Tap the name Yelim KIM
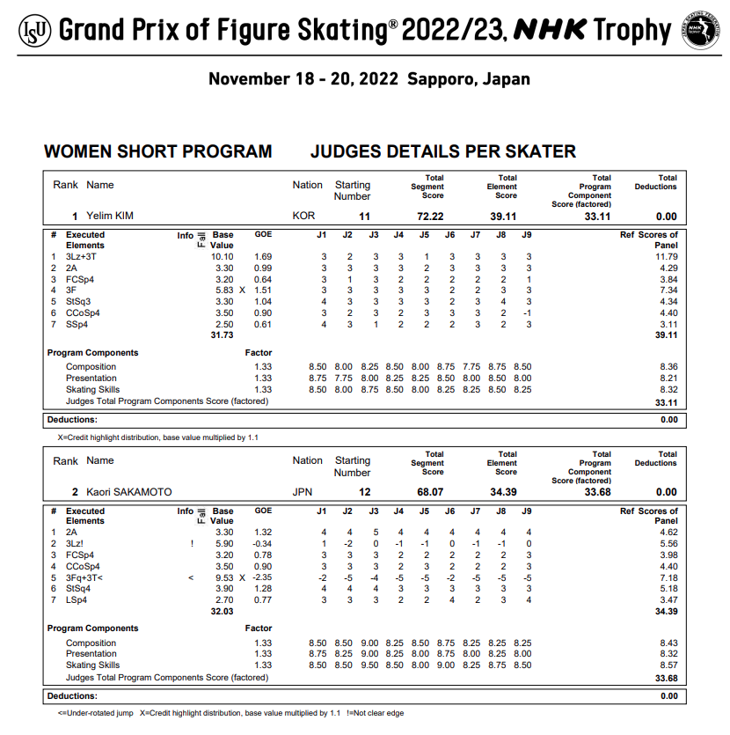[x=109, y=217]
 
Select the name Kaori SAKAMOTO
[x=128, y=492]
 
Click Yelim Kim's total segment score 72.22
[x=430, y=217]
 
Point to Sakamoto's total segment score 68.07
[x=430, y=492]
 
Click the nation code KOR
[x=303, y=217]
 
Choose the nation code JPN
[x=303, y=492]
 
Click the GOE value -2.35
[x=263, y=577]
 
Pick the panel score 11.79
[x=666, y=257]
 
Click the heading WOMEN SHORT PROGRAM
[x=157, y=151]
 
